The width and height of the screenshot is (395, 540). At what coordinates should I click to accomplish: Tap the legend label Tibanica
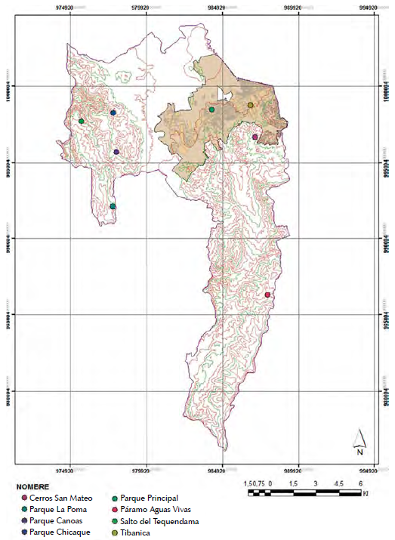coord(136,532)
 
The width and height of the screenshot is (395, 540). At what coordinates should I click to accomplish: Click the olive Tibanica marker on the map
coord(250,105)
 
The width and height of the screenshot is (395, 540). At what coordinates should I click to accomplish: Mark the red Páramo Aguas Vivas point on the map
coord(267,295)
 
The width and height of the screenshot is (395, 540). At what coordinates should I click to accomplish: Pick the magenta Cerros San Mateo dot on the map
coord(255,137)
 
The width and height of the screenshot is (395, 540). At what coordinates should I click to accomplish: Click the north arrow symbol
coord(360,440)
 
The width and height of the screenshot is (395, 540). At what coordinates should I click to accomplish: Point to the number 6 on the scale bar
coord(360,483)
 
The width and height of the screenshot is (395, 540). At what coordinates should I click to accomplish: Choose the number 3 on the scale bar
coord(314,483)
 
